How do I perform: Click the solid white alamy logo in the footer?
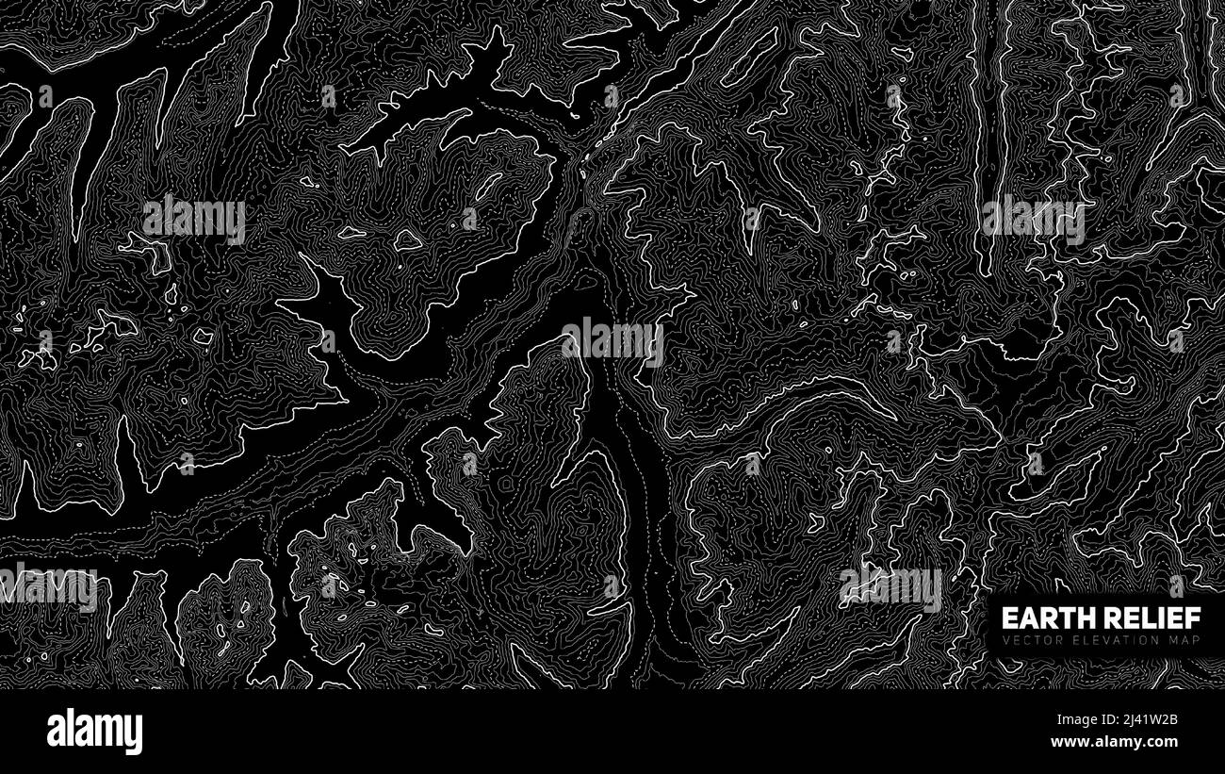pyautogui.click(x=94, y=732)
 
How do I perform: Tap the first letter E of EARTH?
pyautogui.click(x=1007, y=618)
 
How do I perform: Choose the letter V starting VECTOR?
pyautogui.click(x=1004, y=641)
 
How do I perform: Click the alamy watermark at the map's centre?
pyautogui.click(x=612, y=341)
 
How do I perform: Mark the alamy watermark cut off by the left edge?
pyautogui.click(x=47, y=586)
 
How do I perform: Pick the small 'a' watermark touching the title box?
pyautogui.click(x=1176, y=585)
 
